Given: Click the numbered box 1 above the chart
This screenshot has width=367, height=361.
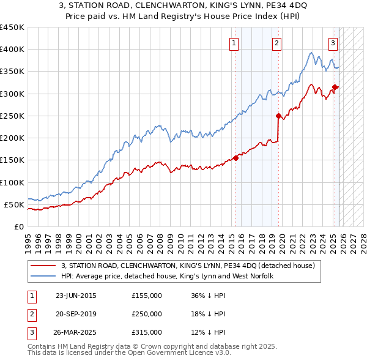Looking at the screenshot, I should pyautogui.click(x=235, y=43).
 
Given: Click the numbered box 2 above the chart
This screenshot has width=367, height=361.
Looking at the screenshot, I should pyautogui.click(x=277, y=43).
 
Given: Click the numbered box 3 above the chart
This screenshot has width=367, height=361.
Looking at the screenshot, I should pyautogui.click(x=333, y=43).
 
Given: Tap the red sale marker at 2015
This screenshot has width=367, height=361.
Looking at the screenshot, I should pyautogui.click(x=235, y=158).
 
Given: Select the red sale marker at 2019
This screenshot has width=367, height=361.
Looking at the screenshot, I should pyautogui.click(x=278, y=116).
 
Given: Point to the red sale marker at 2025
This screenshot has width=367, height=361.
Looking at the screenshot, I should pyautogui.click(x=335, y=87).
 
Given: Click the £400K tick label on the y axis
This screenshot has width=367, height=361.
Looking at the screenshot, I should pyautogui.click(x=12, y=50).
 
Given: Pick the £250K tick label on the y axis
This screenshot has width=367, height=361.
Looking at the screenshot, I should pyautogui.click(x=12, y=116).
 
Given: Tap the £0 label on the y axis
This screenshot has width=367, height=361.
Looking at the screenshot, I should pyautogui.click(x=18, y=226).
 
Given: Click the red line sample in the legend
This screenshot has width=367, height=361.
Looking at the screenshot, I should pyautogui.click(x=43, y=266).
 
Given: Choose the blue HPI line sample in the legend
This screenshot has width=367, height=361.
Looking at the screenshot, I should pyautogui.click(x=43, y=276).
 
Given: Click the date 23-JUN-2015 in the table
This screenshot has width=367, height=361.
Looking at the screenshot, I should pyautogui.click(x=76, y=296).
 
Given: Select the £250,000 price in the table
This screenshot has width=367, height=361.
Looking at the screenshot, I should pyautogui.click(x=147, y=314).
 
